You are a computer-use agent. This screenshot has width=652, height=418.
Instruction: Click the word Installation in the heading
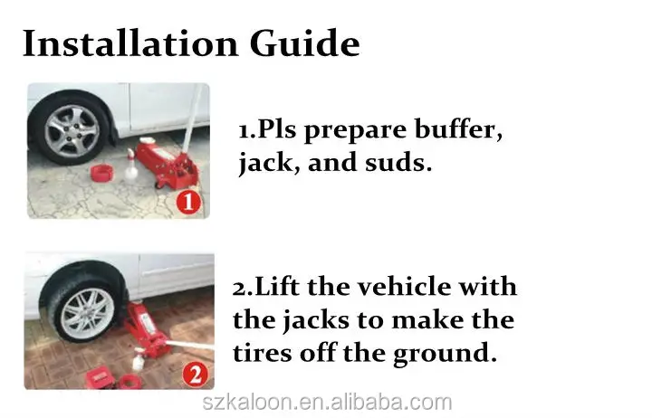[130, 43]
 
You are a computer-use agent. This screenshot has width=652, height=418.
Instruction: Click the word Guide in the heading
[304, 43]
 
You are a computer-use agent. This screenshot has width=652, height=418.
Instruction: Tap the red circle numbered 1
[188, 203]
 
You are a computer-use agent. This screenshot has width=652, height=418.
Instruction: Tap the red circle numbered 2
[195, 374]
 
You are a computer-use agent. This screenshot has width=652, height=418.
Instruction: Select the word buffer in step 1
[458, 129]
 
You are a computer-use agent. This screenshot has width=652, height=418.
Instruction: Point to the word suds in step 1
[398, 163]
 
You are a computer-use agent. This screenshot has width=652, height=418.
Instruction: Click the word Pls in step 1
[277, 129]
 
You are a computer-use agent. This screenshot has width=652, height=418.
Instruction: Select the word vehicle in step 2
[403, 287]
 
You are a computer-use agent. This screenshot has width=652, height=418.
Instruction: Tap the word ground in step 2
[445, 354]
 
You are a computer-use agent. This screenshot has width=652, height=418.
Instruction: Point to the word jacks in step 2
[316, 321]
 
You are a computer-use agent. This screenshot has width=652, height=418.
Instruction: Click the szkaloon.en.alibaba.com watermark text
[327, 403]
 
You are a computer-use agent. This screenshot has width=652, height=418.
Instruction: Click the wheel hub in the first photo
[72, 130]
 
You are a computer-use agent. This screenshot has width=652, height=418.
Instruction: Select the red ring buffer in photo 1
[101, 173]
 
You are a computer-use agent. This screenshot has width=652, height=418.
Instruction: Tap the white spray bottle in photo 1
[130, 166]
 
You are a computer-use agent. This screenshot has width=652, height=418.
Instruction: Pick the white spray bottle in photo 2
[138, 360]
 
